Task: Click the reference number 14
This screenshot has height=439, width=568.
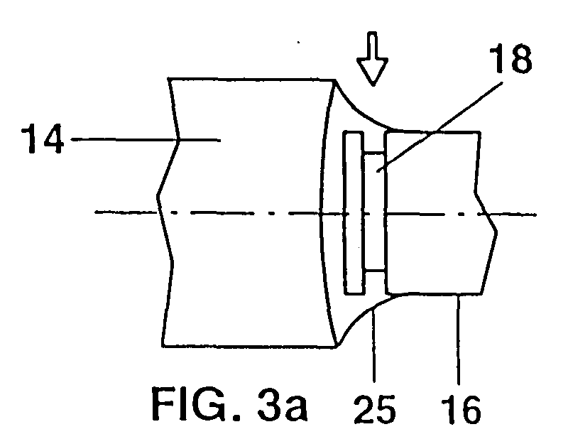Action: tap(43, 139)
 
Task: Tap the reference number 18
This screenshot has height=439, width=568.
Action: tap(510, 59)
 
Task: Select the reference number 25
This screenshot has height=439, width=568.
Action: tap(375, 409)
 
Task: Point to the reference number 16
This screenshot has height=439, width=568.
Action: tap(461, 409)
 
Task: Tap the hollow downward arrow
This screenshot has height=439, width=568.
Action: tap(372, 59)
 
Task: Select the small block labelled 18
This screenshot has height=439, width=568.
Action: tap(375, 212)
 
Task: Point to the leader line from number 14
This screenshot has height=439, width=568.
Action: tap(146, 139)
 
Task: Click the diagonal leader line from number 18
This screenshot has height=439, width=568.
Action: tap(439, 127)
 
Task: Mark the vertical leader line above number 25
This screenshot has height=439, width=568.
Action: tap(374, 345)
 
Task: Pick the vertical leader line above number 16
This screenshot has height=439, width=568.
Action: tap(459, 340)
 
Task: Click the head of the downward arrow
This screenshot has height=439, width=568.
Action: tap(372, 72)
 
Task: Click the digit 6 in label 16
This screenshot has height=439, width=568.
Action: tap(469, 409)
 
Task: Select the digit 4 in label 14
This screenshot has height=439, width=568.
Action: tap(52, 139)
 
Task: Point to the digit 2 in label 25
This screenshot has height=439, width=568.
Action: tap(364, 409)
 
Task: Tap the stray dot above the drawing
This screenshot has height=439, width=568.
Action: tap(298, 43)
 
